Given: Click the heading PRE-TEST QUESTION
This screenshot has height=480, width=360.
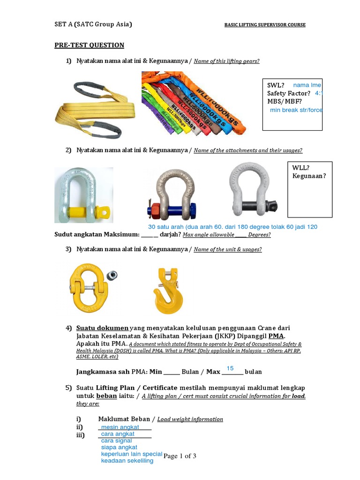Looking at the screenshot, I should tap(89, 45).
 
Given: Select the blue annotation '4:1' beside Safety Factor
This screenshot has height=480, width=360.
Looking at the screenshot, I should tap(319, 93).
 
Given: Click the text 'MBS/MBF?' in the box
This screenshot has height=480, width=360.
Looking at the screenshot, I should tap(285, 101).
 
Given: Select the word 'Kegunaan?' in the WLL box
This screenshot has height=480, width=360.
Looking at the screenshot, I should tap(309, 176).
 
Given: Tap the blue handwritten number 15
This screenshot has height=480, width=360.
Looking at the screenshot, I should tap(230, 368).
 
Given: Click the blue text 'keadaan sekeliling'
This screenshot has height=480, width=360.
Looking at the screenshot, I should tap(127, 461).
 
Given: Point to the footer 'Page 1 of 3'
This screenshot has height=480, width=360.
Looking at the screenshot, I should tap(180, 456).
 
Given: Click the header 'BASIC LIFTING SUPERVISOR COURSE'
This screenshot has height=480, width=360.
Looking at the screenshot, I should tap(265, 25).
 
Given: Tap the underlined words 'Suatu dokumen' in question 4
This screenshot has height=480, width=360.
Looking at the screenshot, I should tap(102, 328).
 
